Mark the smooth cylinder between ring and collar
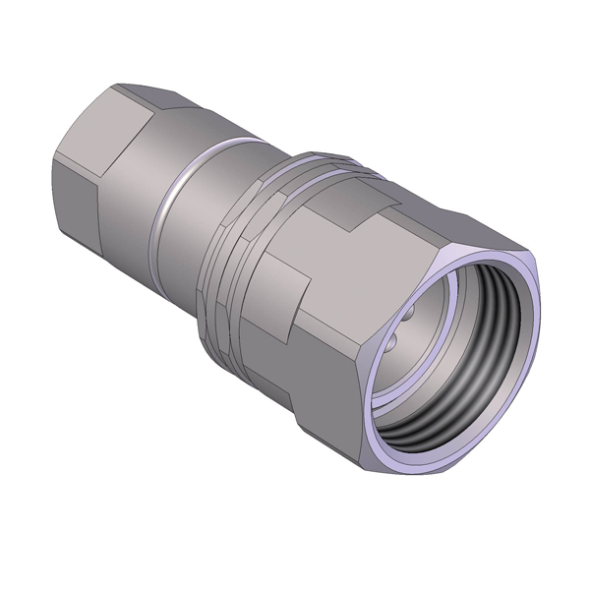point(192,226)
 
